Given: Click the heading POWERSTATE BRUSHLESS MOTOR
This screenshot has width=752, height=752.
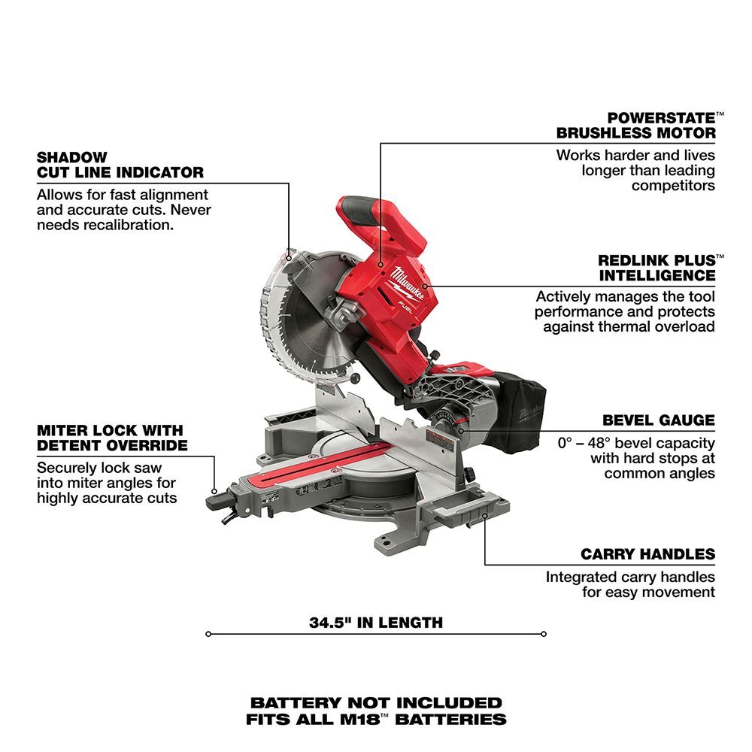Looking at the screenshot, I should pyautogui.click(x=646, y=126).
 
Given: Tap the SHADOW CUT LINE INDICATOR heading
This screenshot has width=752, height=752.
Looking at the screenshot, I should pyautogui.click(x=120, y=165).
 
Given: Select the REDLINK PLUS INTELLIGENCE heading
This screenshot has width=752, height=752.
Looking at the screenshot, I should pyautogui.click(x=656, y=268).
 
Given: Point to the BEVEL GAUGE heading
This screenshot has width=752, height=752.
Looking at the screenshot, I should pyautogui.click(x=659, y=420).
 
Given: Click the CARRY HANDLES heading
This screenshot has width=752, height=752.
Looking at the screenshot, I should pyautogui.click(x=647, y=554).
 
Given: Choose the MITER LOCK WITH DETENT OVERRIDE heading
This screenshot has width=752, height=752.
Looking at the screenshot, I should pyautogui.click(x=110, y=438).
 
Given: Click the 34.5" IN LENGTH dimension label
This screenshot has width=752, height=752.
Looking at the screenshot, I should pyautogui.click(x=376, y=623).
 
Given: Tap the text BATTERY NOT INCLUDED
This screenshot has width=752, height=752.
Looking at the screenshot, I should pyautogui.click(x=376, y=703).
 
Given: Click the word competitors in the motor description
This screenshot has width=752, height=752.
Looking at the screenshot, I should pyautogui.click(x=673, y=185).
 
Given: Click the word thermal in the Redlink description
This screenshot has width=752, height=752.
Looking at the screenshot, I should pyautogui.click(x=614, y=326).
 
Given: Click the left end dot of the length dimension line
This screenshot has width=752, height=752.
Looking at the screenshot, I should pyautogui.click(x=208, y=634).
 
